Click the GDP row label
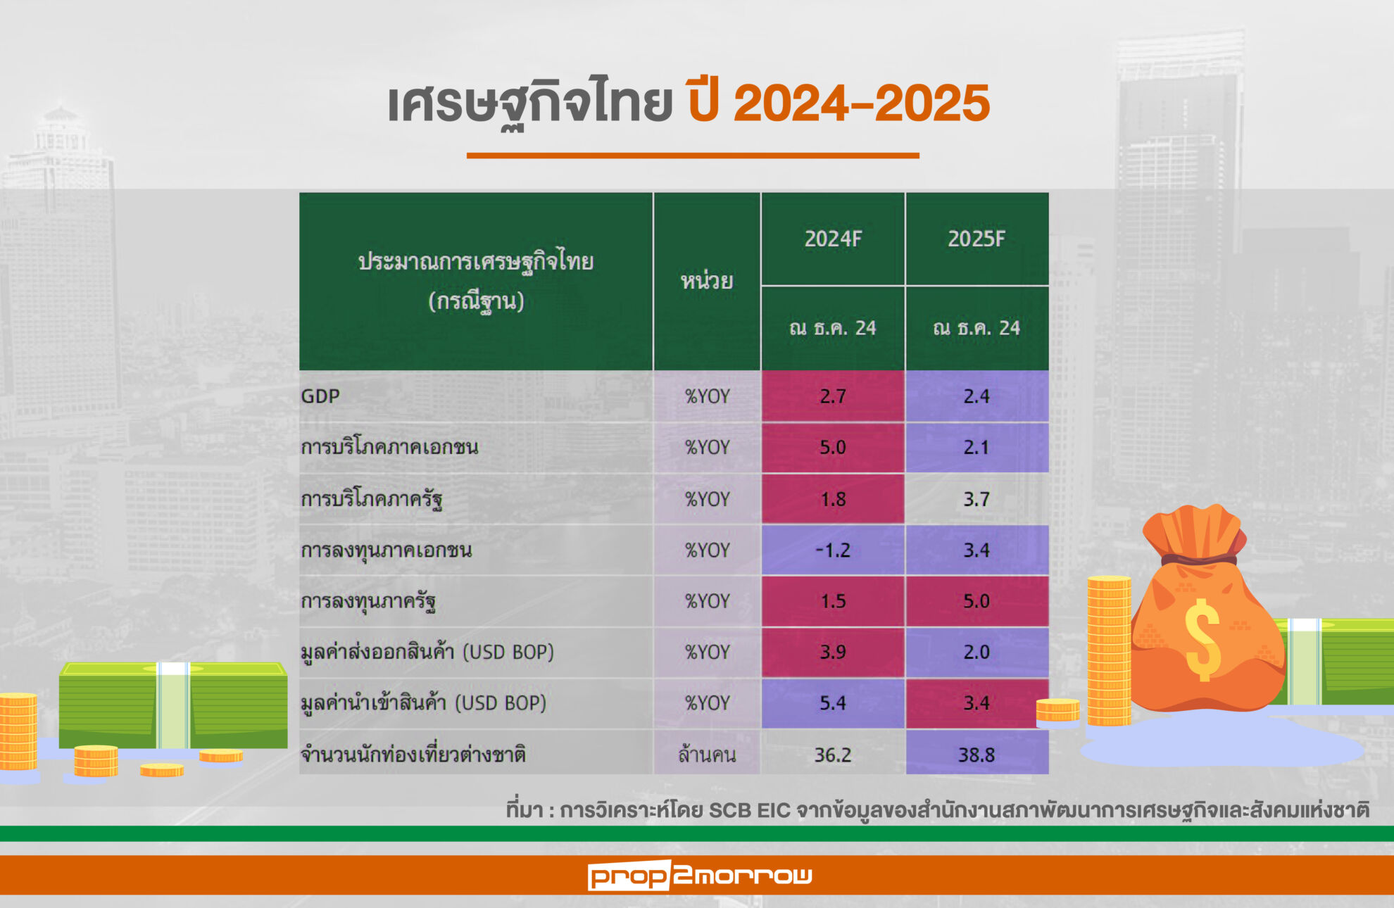tap(320, 396)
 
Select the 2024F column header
tap(833, 239)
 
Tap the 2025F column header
tap(977, 239)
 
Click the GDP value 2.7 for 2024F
tap(833, 396)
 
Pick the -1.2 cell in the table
tap(833, 550)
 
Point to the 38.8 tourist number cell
tap(977, 755)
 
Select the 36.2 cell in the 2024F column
tap(833, 755)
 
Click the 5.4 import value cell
tap(833, 702)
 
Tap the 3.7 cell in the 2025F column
tap(977, 499)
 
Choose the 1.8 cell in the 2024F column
tap(833, 499)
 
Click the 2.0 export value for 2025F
tap(977, 652)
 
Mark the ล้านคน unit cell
tap(707, 755)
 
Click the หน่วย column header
tap(707, 282)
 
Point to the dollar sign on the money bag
tap(1203, 639)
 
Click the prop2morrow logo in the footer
tap(700, 876)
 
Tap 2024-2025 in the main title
tap(862, 103)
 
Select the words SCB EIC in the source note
tap(750, 811)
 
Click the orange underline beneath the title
tap(693, 156)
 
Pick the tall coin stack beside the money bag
tap(1109, 651)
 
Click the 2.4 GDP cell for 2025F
tap(977, 396)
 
